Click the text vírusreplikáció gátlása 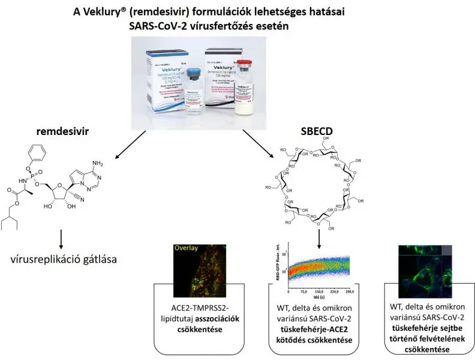(63, 260)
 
